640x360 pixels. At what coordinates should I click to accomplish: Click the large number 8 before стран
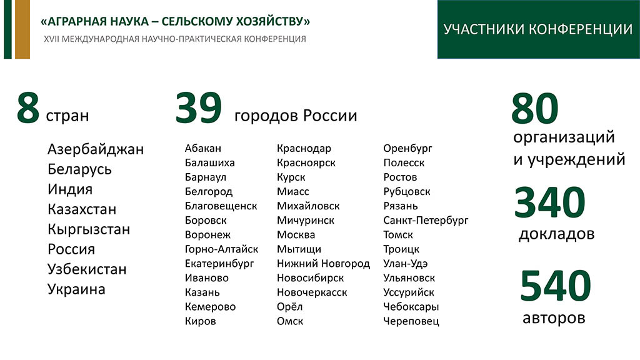pos(28,108)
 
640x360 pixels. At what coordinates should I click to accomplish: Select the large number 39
pos(199,108)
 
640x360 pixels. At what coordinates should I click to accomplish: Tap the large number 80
pos(535,108)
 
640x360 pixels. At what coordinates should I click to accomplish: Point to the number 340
pos(550,202)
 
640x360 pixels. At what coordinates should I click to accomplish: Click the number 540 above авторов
pos(556,286)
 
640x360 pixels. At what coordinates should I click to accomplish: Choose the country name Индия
pos(70,189)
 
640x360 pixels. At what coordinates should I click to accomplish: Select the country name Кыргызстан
pos(89,229)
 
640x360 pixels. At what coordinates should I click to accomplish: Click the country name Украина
pos(76,289)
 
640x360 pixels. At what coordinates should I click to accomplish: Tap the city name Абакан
pos(203,148)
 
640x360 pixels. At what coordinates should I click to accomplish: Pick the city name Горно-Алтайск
pos(222,249)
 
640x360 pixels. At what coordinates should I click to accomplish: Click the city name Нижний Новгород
pos(323,264)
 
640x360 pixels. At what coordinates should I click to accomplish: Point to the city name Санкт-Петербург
pos(426,221)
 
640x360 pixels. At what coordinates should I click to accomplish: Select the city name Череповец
pos(411,321)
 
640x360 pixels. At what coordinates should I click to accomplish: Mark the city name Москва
pos(296,235)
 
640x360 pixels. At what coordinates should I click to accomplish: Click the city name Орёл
pos(290,306)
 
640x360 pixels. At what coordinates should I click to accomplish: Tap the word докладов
pos(557,234)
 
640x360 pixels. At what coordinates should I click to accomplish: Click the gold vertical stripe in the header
pos(22,29)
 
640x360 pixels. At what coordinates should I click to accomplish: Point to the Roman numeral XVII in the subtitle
pos(51,39)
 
